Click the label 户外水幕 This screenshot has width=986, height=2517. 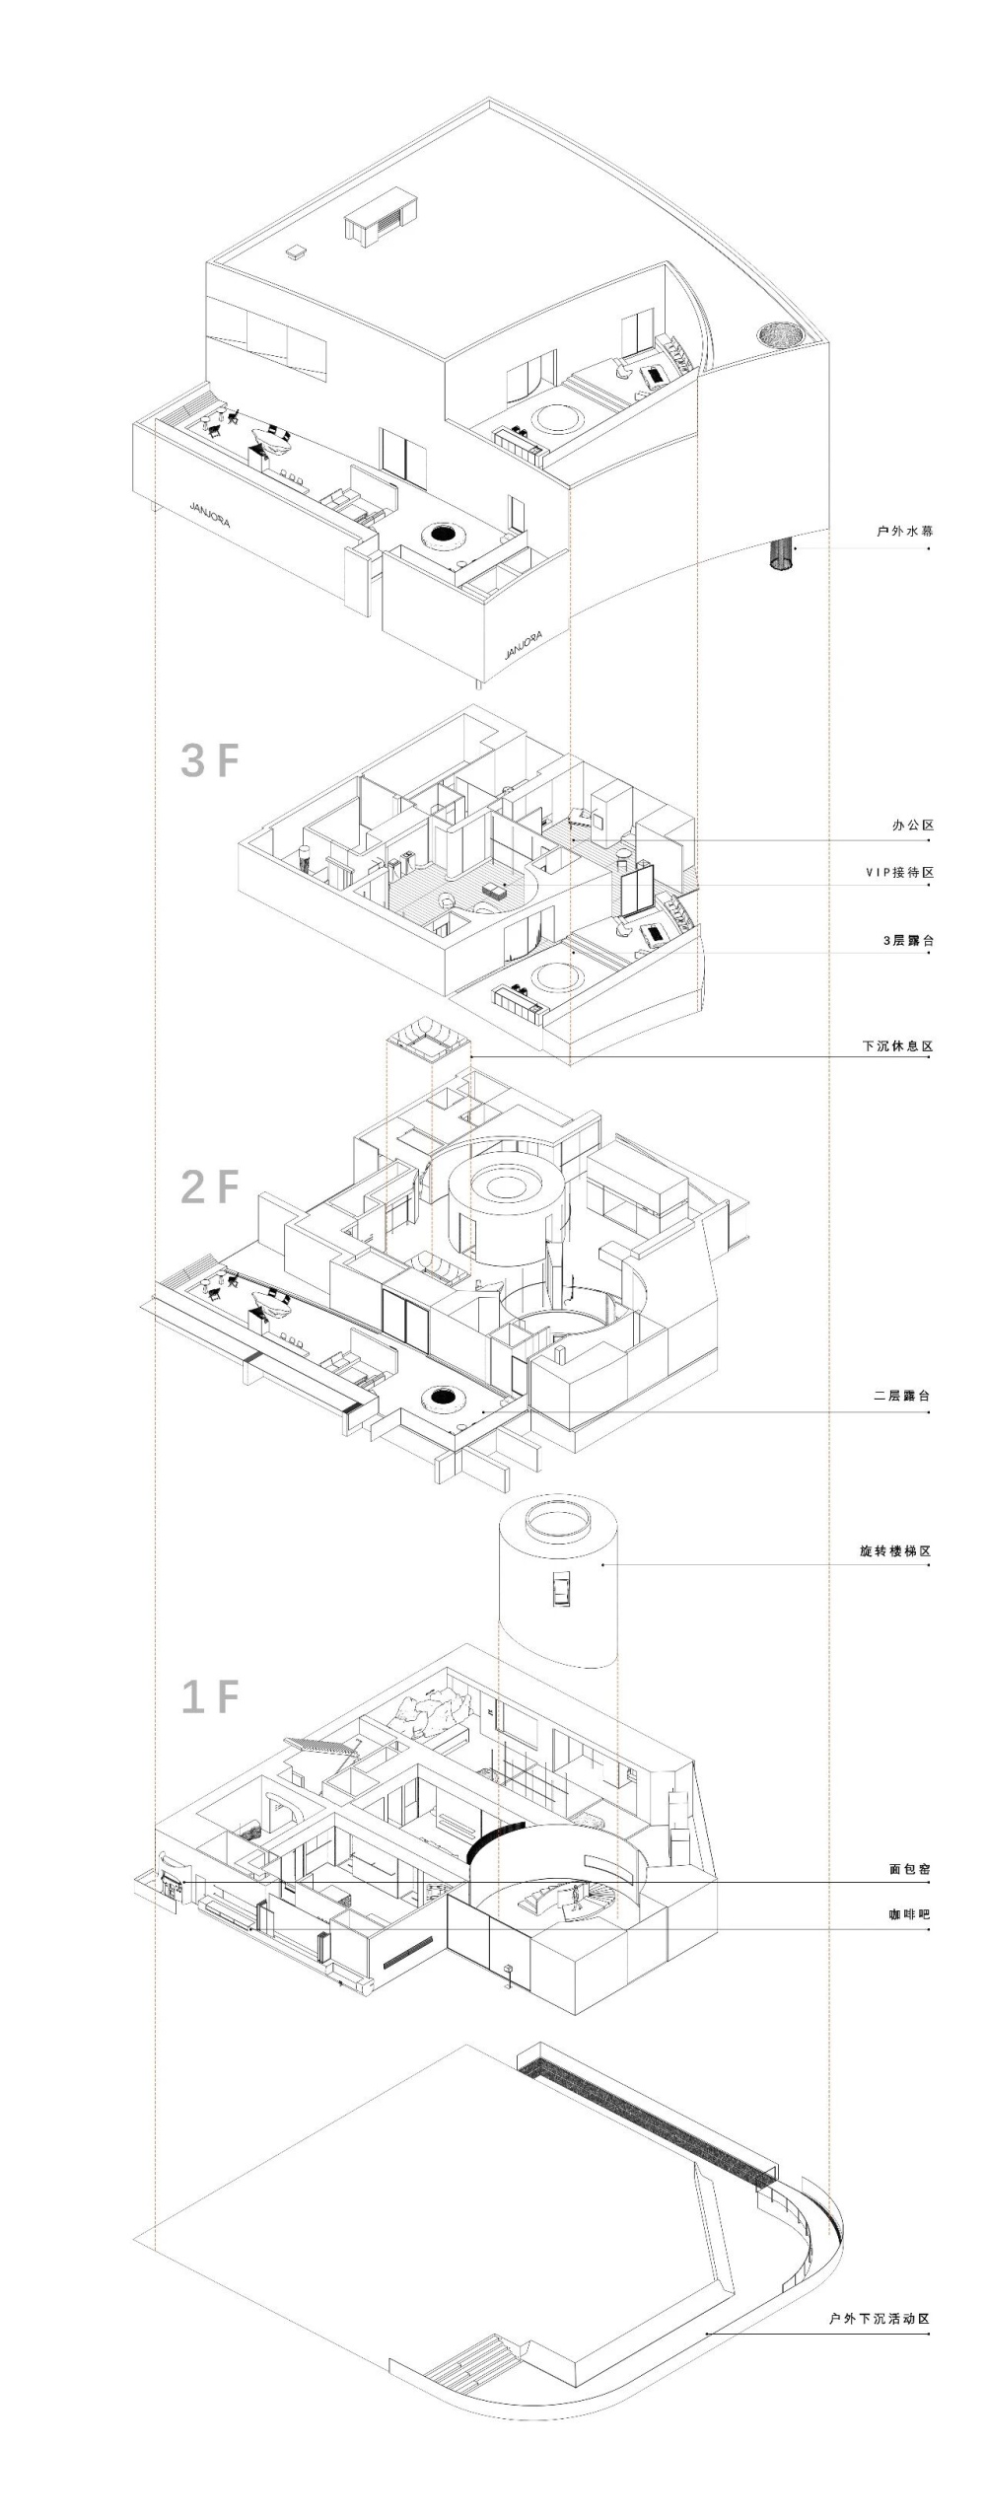(904, 532)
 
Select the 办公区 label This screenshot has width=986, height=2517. (911, 825)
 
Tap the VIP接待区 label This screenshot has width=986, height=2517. (899, 872)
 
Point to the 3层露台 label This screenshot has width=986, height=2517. (908, 940)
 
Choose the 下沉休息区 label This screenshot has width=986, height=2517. (897, 1045)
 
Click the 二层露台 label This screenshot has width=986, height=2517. (904, 1396)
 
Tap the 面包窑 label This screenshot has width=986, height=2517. (911, 1868)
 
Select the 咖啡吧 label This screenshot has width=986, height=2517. (911, 1914)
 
